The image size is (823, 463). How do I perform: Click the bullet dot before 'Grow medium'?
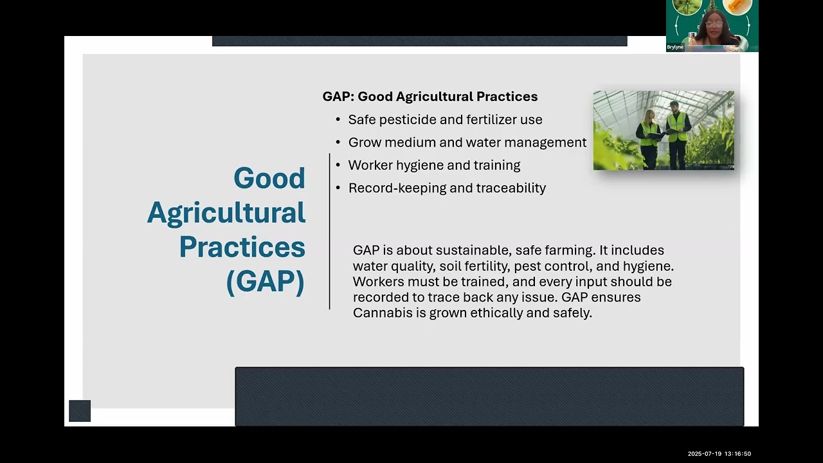[x=338, y=143]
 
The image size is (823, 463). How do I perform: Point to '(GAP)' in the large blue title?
[x=265, y=282]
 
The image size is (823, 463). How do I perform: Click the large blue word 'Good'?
[x=269, y=178]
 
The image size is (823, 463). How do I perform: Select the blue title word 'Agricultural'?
[x=226, y=213]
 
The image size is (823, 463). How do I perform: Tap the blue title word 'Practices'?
[x=242, y=247]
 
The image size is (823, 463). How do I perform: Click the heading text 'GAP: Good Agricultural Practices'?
[x=430, y=96]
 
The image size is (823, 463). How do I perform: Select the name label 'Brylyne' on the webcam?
[x=675, y=48]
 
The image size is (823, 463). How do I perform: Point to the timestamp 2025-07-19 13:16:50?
[x=719, y=454]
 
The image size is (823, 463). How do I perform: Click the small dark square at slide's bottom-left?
[x=80, y=411]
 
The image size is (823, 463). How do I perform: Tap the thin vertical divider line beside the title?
[x=329, y=232]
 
